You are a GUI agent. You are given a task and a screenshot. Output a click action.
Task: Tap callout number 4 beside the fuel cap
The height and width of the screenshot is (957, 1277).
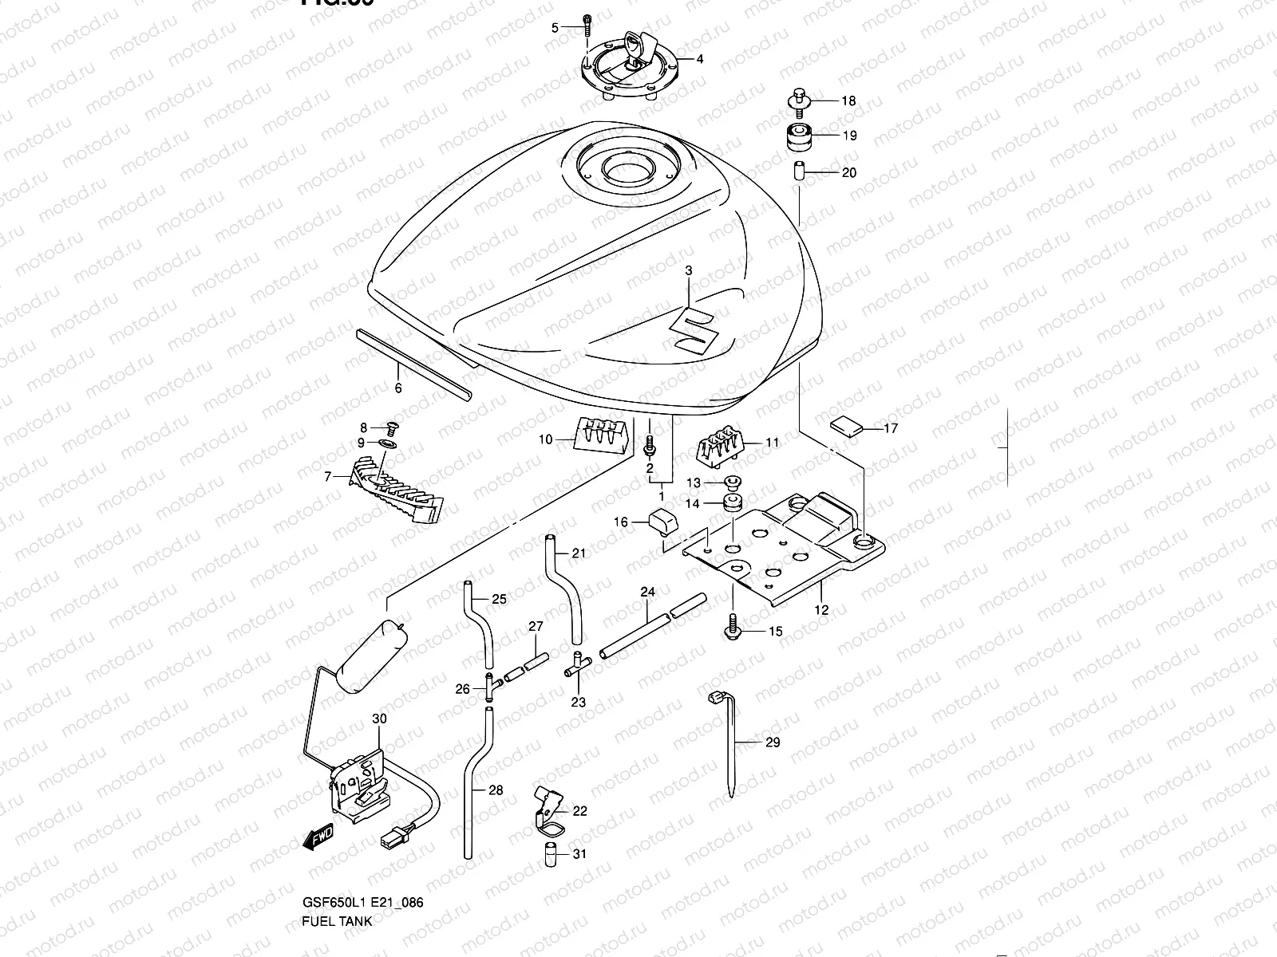pyautogui.click(x=700, y=59)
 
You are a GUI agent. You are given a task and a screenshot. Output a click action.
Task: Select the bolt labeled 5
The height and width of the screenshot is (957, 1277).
pyautogui.click(x=587, y=28)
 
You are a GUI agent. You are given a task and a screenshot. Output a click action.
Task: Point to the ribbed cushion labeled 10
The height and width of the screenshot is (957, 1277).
pyautogui.click(x=599, y=435)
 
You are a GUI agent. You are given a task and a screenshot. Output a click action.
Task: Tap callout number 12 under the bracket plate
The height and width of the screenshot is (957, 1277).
pyautogui.click(x=821, y=610)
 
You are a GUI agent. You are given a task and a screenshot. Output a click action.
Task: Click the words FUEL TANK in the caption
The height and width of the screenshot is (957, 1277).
pyautogui.click(x=336, y=943)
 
